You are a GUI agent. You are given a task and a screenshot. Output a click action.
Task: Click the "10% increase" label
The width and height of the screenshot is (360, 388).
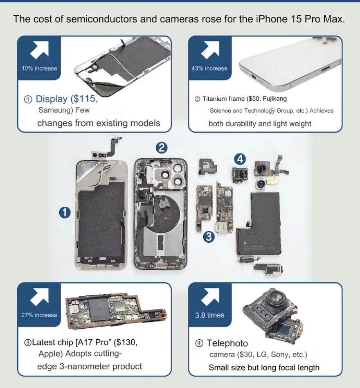click(39, 68)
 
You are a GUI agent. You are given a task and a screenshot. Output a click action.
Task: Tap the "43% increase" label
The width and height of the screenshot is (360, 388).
click(209, 68)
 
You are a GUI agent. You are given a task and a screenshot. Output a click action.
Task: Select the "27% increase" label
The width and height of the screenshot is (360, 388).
click(39, 315)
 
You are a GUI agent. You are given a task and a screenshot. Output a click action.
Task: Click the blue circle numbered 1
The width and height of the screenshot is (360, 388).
click(65, 212)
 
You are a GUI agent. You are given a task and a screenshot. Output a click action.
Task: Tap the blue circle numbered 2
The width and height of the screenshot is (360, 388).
click(162, 148)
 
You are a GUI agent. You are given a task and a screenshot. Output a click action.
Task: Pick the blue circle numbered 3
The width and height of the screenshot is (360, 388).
click(209, 237)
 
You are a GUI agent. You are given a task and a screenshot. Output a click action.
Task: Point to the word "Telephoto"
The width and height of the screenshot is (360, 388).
click(227, 343)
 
